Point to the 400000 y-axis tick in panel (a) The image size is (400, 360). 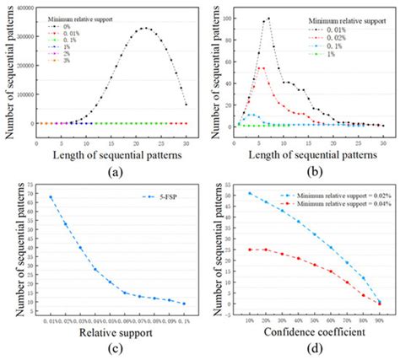(x=23, y=5)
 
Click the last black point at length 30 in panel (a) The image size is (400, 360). (x=185, y=105)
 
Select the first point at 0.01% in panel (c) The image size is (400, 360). (x=50, y=197)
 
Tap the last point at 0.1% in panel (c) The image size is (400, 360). (x=185, y=304)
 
